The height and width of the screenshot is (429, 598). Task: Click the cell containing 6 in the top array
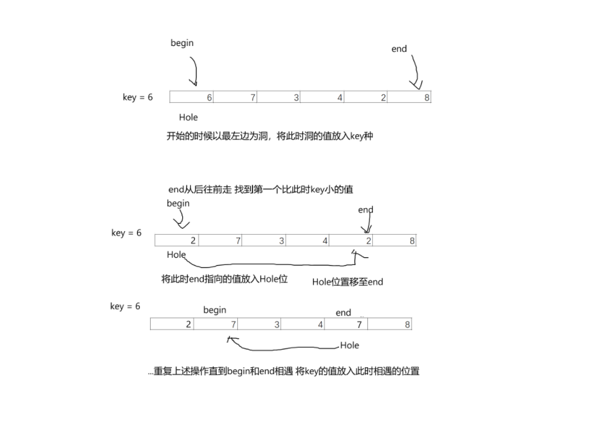pyautogui.click(x=192, y=97)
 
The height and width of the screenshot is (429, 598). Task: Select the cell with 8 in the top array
pyautogui.click(x=409, y=97)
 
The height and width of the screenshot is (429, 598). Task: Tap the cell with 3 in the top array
pyautogui.click(x=278, y=97)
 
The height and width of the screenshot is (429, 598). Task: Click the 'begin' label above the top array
pyautogui.click(x=182, y=43)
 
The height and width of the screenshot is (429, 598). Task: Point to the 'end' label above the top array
pyautogui.click(x=399, y=49)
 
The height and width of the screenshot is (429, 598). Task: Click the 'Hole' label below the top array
pyautogui.click(x=188, y=117)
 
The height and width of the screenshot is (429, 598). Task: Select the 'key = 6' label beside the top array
pyautogui.click(x=138, y=97)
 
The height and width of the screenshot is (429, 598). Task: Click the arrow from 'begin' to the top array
pyautogui.click(x=194, y=71)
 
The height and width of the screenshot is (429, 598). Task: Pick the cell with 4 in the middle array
pyautogui.click(x=307, y=241)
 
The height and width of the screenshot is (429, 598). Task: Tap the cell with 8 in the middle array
pyautogui.click(x=395, y=241)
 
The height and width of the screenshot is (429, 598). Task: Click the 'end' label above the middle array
pyautogui.click(x=366, y=210)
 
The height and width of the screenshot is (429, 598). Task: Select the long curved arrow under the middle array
pyautogui.click(x=272, y=264)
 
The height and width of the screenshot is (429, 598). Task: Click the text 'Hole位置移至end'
pyautogui.click(x=347, y=282)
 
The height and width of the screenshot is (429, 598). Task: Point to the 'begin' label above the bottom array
pyautogui.click(x=215, y=310)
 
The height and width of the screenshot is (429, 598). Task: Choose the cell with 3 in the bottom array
pyautogui.click(x=259, y=324)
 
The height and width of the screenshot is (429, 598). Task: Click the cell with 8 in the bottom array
pyautogui.click(x=389, y=324)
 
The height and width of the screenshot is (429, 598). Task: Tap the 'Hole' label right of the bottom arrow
pyautogui.click(x=349, y=345)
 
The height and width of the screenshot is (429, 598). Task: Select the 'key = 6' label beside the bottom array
pyautogui.click(x=125, y=307)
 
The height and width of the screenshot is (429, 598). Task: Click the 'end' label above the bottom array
pyautogui.click(x=343, y=313)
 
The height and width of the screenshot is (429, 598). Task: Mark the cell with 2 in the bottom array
pyautogui.click(x=172, y=324)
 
